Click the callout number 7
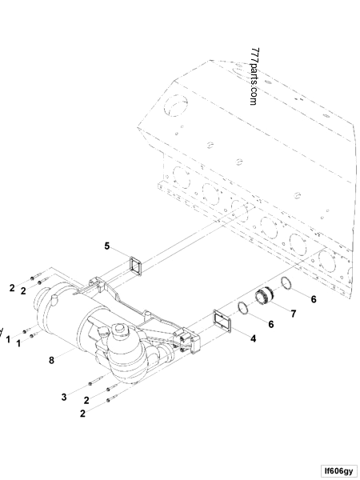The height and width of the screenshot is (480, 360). [x=294, y=313]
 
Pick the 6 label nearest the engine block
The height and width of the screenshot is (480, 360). [x=314, y=298]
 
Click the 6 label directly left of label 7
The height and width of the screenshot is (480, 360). [x=270, y=324]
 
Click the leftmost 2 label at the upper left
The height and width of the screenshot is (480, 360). [x=12, y=286]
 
